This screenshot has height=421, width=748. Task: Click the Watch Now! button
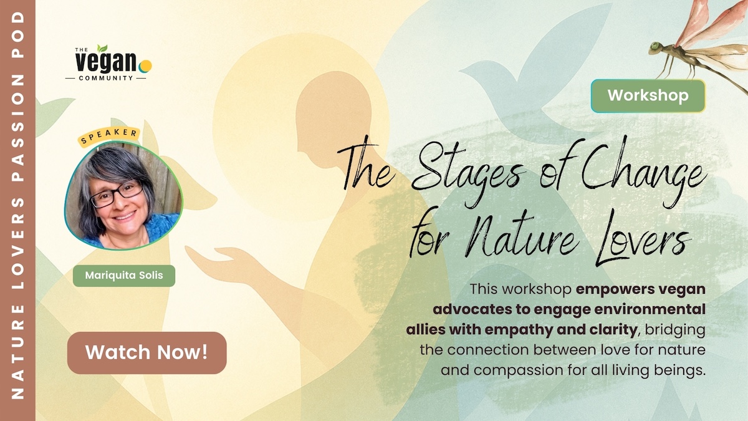point(147,353)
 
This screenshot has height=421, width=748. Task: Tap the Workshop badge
point(648,96)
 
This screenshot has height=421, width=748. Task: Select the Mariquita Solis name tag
point(124,276)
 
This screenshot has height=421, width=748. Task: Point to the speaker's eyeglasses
point(117,195)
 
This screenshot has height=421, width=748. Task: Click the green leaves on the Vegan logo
point(102,48)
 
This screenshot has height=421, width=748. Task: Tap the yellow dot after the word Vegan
point(145,66)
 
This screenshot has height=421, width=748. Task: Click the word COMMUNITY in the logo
point(106,78)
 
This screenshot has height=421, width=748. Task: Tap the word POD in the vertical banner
point(17,35)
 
